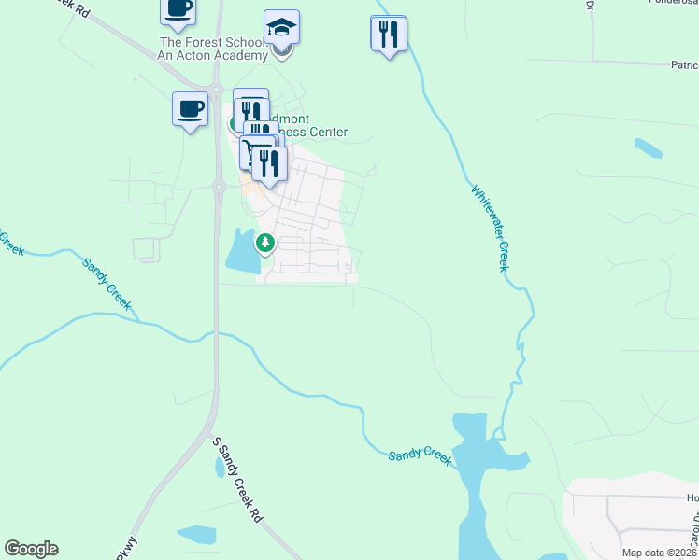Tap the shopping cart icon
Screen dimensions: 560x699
point(256,150)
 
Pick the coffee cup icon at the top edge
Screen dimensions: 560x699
point(178,8)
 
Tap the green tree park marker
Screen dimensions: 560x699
point(265,244)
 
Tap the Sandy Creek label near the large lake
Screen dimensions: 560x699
point(420,454)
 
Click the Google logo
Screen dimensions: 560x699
point(31,549)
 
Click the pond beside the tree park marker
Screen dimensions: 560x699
point(241,250)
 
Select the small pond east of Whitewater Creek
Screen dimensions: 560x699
point(648,147)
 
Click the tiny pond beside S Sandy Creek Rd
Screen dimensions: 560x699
point(218,467)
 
